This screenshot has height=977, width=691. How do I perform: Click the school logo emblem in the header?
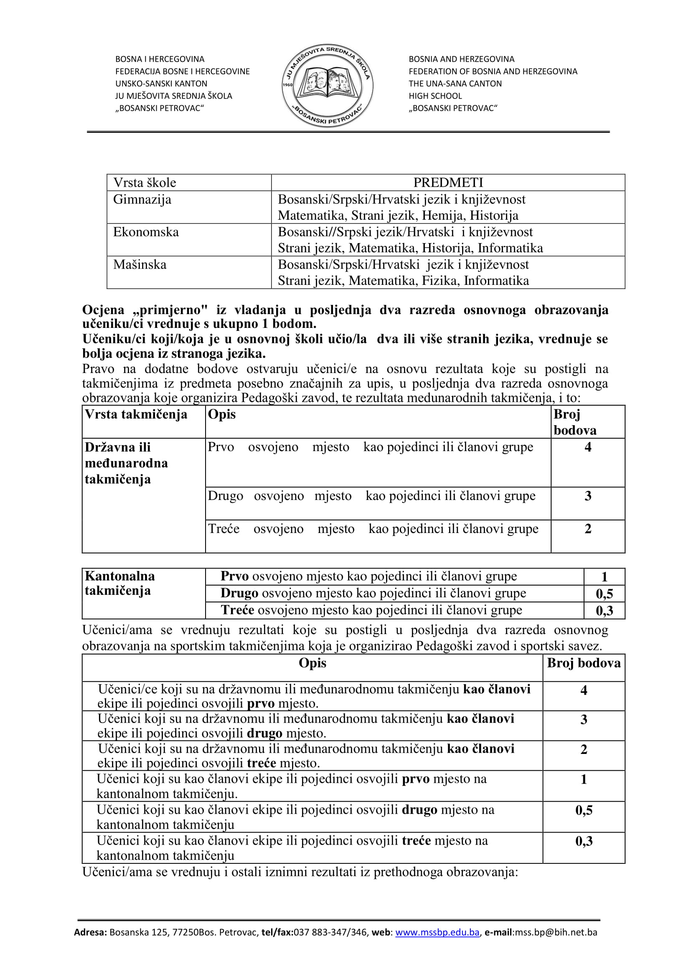point(327,86)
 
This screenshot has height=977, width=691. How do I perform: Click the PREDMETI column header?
point(448,183)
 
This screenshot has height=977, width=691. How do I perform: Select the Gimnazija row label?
point(142,200)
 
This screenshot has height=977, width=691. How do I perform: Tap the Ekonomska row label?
point(146,232)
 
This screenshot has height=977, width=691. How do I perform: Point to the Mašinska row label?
point(140,265)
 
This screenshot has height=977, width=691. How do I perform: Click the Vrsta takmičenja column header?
point(136,414)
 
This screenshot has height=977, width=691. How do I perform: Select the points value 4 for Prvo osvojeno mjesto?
point(588,447)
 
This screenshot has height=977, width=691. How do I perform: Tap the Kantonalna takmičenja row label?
point(119,583)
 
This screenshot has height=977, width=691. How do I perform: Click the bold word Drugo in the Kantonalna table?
point(239,593)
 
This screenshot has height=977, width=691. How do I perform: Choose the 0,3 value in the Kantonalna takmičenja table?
point(604,611)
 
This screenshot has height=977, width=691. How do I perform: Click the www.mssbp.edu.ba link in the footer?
point(437,932)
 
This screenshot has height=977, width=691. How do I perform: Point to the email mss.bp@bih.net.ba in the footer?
point(556,932)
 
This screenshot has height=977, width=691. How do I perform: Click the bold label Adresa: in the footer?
point(90,932)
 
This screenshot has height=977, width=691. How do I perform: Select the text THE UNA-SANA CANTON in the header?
point(455,84)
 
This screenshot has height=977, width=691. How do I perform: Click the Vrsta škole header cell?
point(144,183)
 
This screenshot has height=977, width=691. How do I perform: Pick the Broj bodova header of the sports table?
point(583,663)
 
